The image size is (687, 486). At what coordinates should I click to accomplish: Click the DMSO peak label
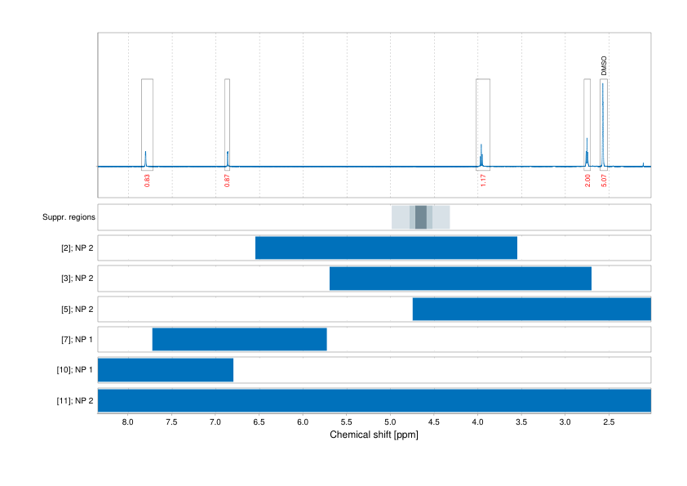click(x=604, y=66)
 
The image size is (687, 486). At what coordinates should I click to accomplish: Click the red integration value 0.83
click(x=147, y=181)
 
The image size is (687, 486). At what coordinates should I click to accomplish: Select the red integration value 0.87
click(x=227, y=181)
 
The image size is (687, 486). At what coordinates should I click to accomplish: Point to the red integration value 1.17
click(x=483, y=181)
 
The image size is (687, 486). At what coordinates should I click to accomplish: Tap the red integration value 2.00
click(x=587, y=181)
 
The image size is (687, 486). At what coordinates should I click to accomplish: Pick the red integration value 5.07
click(x=604, y=181)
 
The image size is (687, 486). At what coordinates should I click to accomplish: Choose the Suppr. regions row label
click(x=69, y=217)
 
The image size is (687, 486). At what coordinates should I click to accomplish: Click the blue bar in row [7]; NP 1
click(x=239, y=339)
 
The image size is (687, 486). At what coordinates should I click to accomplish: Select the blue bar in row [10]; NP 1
click(x=166, y=370)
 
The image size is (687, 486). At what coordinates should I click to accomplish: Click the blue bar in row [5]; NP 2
click(x=531, y=309)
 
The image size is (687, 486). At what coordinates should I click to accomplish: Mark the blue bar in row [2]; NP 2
click(x=386, y=247)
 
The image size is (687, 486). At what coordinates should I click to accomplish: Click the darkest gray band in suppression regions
click(x=421, y=217)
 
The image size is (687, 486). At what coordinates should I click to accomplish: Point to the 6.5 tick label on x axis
click(x=259, y=423)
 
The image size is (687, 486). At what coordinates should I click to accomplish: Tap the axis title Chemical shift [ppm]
click(x=374, y=435)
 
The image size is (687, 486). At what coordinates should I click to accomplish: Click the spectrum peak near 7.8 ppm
click(x=145, y=158)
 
